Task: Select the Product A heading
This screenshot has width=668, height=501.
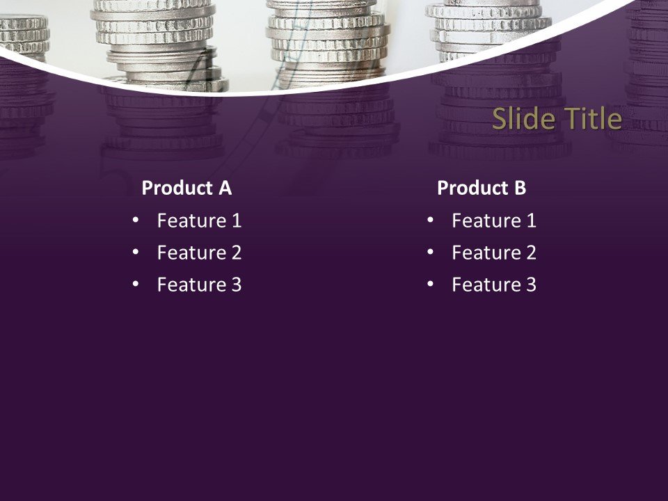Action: (186, 188)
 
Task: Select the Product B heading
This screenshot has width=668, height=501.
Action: (482, 188)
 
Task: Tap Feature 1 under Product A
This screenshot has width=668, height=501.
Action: (199, 221)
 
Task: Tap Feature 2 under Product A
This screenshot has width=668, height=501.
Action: (199, 253)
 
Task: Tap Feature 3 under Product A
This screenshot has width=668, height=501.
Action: (199, 285)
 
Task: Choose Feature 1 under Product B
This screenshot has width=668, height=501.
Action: (494, 221)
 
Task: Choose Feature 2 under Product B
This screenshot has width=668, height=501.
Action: (494, 253)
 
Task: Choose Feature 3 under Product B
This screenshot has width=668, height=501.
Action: (494, 285)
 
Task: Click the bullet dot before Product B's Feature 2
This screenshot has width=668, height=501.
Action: (430, 251)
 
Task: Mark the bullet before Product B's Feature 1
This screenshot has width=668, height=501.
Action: (430, 220)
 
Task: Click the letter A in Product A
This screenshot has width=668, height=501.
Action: (225, 188)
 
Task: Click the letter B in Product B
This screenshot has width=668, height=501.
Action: (520, 188)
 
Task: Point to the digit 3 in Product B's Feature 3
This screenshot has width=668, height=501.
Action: (531, 285)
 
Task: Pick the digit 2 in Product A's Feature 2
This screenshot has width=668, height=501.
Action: (236, 253)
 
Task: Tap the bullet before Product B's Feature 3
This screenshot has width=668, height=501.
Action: (430, 283)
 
